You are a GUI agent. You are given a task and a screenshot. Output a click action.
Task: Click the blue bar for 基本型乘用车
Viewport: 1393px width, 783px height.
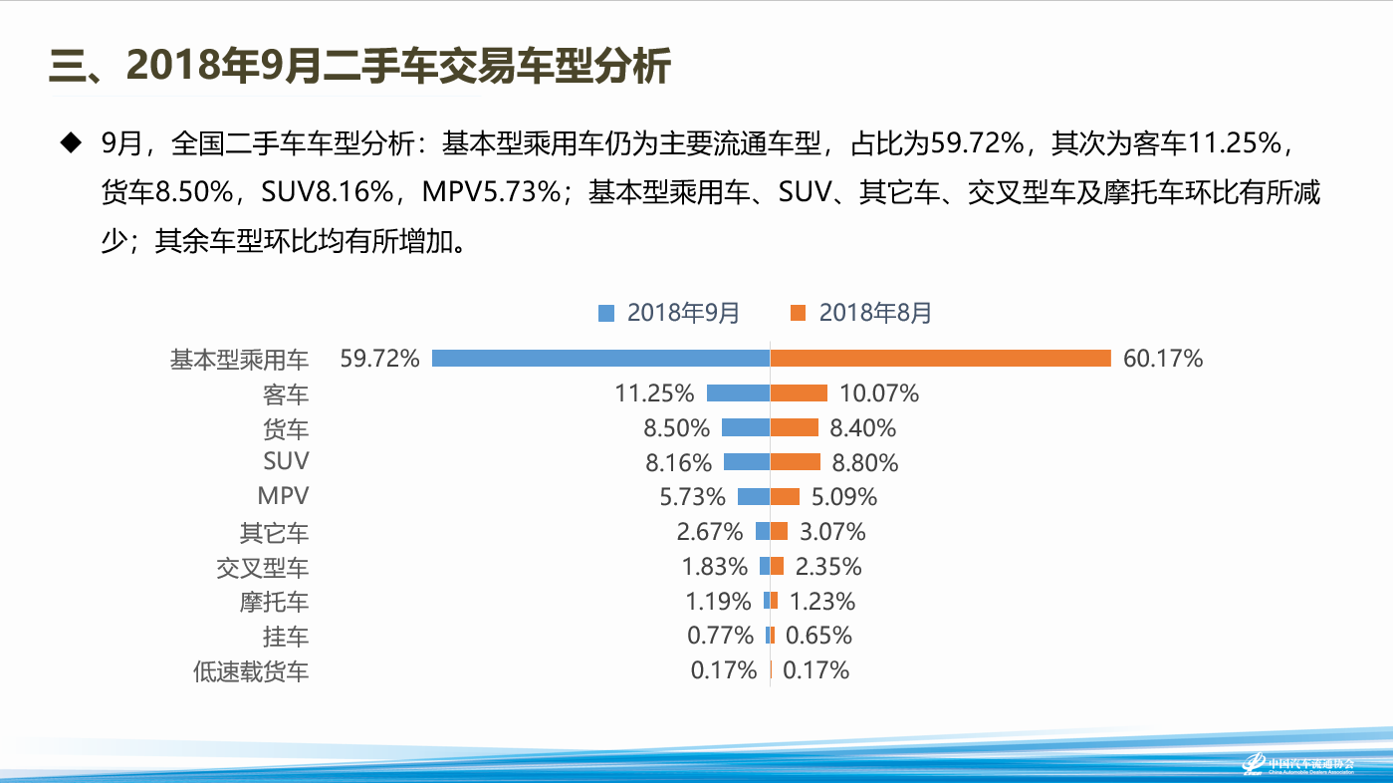coord(600,359)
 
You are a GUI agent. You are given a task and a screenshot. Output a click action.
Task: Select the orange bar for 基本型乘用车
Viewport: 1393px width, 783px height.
coord(940,359)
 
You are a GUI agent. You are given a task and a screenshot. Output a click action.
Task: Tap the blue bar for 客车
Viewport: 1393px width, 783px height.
coord(738,393)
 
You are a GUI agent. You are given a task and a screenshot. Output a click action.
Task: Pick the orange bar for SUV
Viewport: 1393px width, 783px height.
coord(795,462)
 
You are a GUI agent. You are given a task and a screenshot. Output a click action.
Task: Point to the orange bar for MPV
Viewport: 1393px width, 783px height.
coord(785,496)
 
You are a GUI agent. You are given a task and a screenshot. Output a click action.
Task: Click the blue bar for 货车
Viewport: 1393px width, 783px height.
coord(745,428)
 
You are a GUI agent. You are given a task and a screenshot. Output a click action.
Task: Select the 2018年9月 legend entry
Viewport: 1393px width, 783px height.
coord(669,313)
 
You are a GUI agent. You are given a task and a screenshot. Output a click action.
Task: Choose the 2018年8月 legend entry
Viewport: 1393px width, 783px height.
coord(861,313)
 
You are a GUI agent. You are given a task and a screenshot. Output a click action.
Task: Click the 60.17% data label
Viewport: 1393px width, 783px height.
coord(1163,359)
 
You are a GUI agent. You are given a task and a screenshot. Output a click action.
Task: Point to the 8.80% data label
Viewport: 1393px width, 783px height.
coord(864,462)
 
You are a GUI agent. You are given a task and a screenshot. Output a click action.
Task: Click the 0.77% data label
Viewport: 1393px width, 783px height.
coord(720,636)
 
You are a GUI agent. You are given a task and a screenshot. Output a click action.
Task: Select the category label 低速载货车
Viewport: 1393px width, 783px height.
coord(251,671)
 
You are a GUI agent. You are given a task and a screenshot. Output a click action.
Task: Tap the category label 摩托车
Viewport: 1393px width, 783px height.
coord(274,602)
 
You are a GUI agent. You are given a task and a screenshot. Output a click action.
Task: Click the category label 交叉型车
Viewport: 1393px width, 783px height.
coord(263,568)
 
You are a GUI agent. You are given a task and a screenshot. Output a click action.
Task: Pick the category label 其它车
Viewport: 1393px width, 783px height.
coord(274,533)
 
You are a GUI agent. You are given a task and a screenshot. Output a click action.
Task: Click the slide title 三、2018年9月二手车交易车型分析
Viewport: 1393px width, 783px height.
coord(359,67)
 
